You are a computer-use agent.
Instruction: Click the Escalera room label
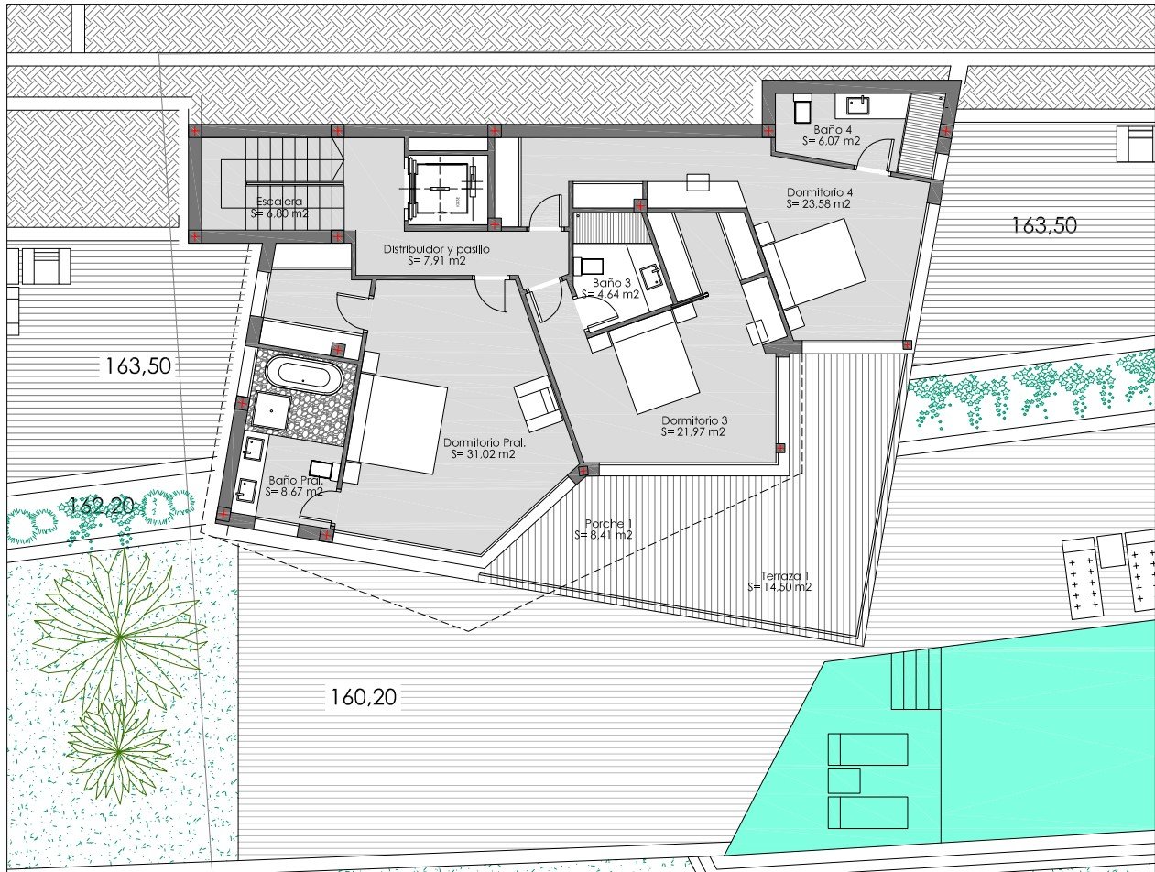point(278,207)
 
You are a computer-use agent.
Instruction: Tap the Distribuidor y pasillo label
point(436,254)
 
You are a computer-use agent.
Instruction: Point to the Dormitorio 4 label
point(819,198)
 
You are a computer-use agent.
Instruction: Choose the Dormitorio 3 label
point(692,426)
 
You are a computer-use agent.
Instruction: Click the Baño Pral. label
point(294,485)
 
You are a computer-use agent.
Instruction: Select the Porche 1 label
point(608,529)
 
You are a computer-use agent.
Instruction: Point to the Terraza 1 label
point(779,581)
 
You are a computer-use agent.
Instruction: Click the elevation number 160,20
point(362,698)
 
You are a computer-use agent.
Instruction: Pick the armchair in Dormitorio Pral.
point(538,403)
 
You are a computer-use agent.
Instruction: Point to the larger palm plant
point(119,632)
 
